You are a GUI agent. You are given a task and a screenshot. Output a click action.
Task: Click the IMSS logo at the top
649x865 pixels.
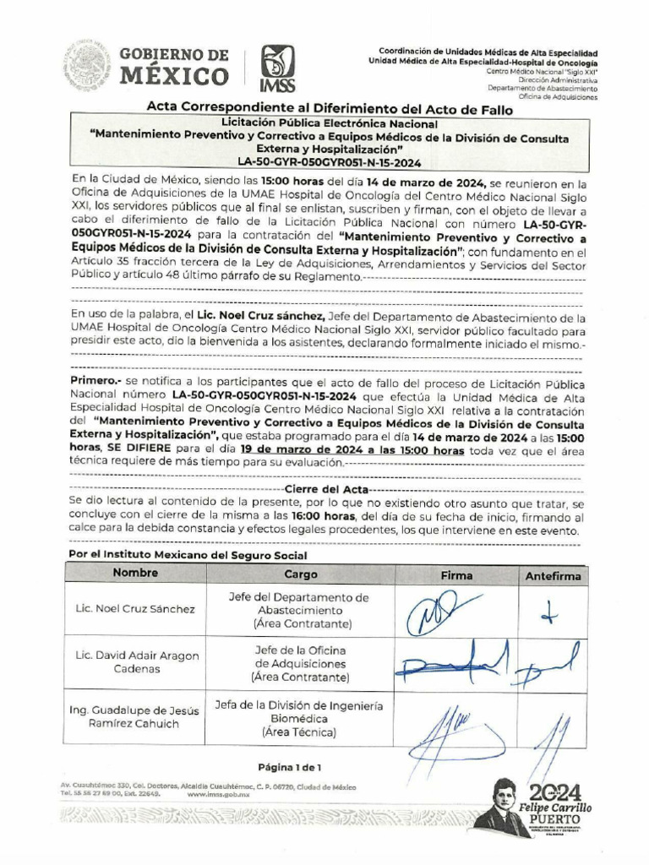click(277, 67)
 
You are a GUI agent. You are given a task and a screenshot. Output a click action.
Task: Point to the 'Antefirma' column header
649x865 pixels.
click(554, 576)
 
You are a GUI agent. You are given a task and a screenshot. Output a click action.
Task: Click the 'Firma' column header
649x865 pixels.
click(457, 575)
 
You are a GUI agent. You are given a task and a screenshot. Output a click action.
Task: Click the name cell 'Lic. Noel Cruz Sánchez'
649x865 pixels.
click(134, 609)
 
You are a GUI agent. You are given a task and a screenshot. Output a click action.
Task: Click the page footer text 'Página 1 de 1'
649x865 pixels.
click(290, 767)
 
